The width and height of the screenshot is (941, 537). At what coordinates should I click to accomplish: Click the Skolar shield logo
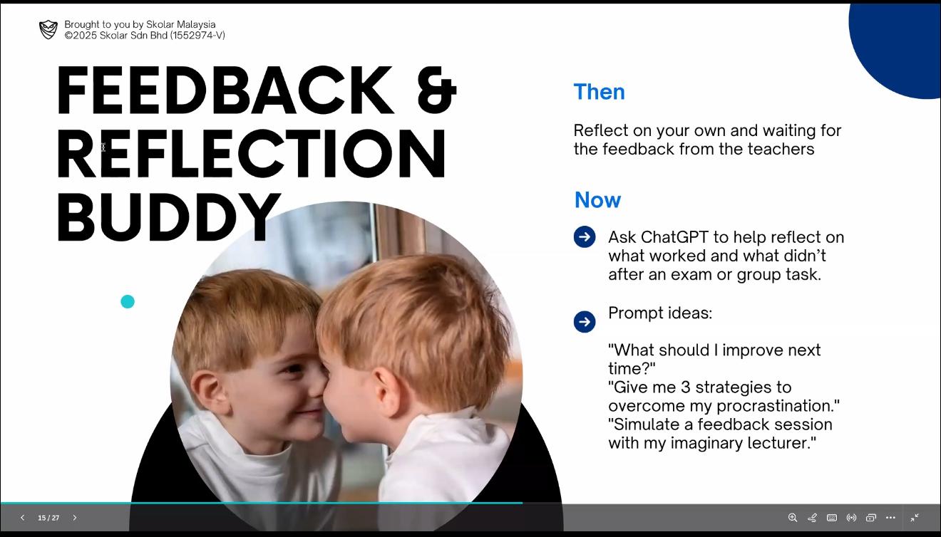tap(48, 30)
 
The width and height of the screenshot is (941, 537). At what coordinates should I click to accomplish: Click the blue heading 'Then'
tap(599, 91)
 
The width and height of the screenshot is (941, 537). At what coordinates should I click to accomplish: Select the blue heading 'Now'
tap(597, 199)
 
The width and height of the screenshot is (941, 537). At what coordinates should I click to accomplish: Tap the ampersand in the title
tap(437, 90)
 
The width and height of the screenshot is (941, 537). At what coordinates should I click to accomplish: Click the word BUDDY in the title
tap(168, 217)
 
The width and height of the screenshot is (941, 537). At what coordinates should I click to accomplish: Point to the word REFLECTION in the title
tap(251, 153)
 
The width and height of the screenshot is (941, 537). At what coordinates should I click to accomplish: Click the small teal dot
tap(128, 302)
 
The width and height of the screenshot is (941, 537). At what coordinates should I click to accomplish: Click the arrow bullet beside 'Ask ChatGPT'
tap(585, 237)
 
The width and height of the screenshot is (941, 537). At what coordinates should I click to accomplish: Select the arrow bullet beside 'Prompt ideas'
tap(585, 322)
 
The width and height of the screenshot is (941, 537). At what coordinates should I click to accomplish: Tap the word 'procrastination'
tap(778, 406)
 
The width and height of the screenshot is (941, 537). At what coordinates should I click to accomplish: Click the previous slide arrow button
tap(22, 518)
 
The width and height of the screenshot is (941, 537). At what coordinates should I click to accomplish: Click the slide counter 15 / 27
tap(48, 518)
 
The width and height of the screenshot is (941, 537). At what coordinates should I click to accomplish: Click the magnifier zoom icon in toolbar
tap(793, 518)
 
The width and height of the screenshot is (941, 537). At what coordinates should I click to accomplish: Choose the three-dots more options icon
tap(890, 518)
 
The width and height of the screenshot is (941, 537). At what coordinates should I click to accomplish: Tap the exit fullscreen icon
tap(915, 518)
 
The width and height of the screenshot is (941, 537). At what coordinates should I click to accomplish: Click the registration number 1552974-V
tap(197, 35)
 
